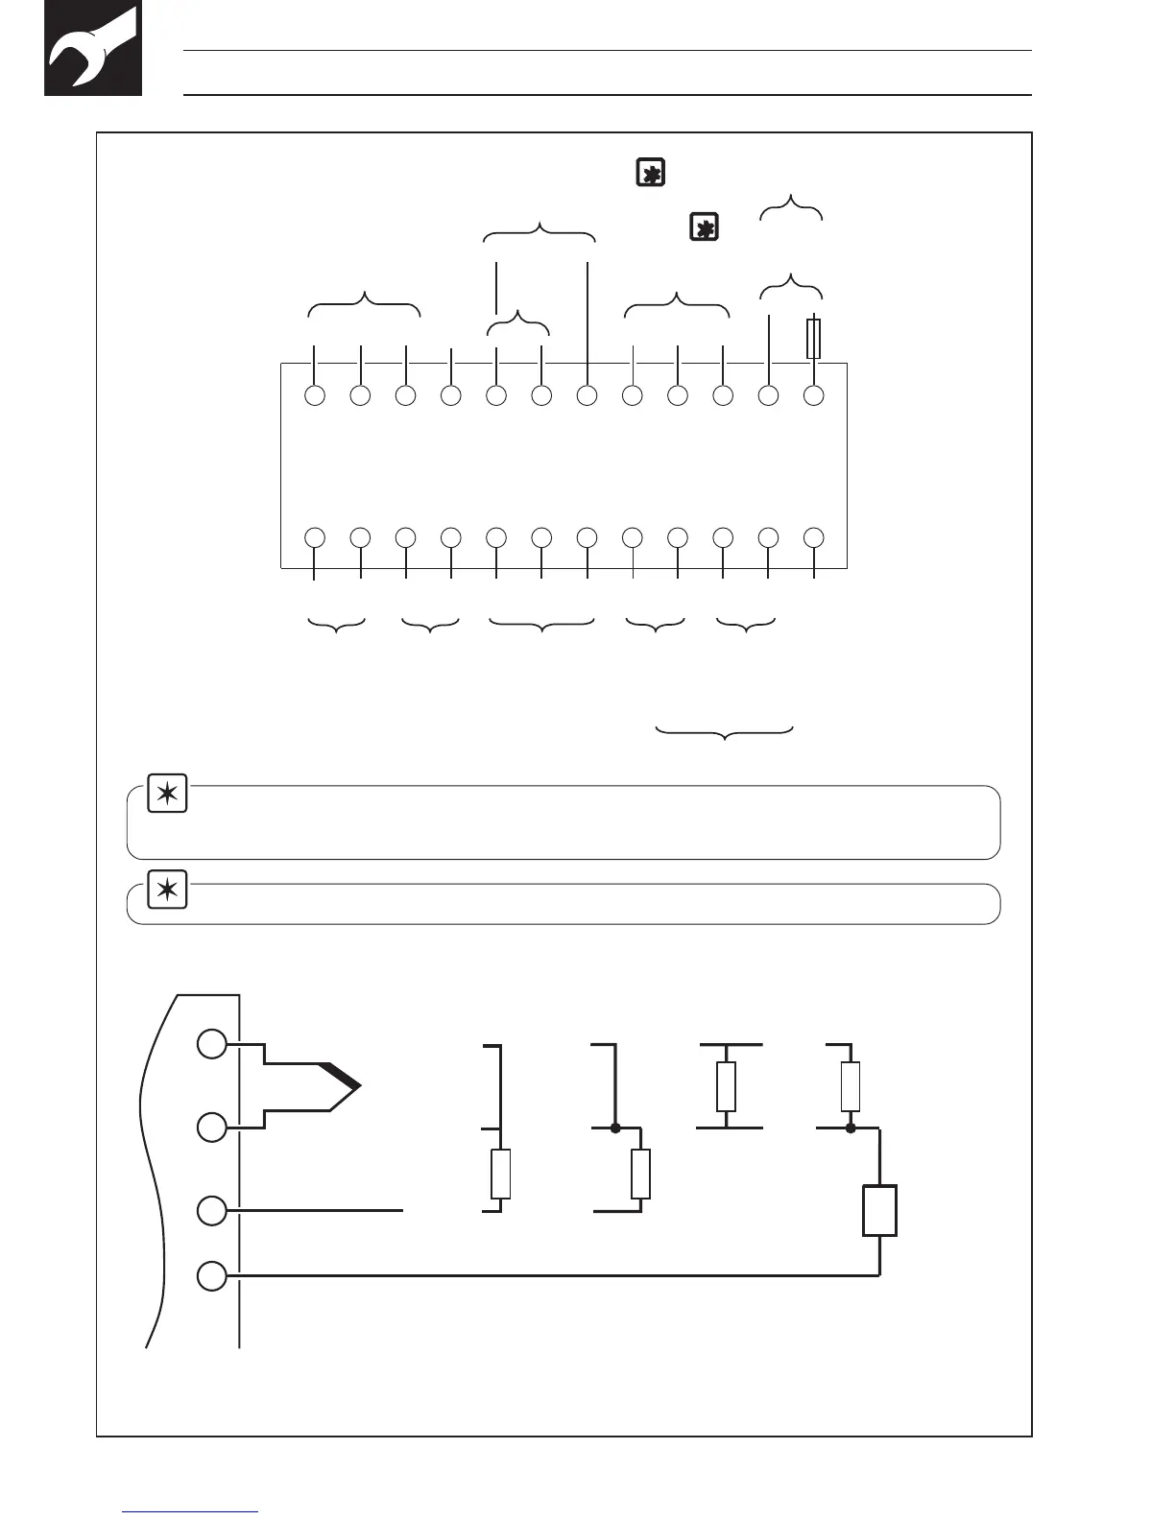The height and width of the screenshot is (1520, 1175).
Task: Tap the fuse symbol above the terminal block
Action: tap(813, 339)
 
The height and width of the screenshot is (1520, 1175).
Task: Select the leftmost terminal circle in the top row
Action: tap(314, 395)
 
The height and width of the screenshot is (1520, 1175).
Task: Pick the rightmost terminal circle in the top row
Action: tap(814, 395)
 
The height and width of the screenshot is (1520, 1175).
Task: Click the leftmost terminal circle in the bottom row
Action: tap(314, 537)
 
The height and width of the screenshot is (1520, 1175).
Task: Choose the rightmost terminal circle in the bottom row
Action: tap(814, 537)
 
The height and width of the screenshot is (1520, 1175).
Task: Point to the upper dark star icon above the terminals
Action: tap(650, 174)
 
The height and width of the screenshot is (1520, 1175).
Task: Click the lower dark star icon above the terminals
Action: tap(704, 228)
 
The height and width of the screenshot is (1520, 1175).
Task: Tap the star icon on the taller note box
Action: tap(167, 796)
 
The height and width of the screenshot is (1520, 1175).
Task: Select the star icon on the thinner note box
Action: tap(167, 891)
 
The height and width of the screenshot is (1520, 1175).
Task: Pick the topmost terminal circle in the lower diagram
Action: tap(212, 1044)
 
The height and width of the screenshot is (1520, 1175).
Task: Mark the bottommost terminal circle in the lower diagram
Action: tap(212, 1276)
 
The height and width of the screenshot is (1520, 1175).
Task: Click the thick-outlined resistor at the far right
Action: tap(879, 1211)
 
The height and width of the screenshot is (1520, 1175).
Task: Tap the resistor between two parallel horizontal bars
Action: tap(726, 1086)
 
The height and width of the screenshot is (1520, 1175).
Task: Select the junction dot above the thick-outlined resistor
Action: tap(851, 1128)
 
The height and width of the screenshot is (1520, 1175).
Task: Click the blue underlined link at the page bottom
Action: tap(190, 1511)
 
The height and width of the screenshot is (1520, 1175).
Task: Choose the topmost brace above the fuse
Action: tap(791, 206)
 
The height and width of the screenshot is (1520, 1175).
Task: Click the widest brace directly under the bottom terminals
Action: tap(541, 626)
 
